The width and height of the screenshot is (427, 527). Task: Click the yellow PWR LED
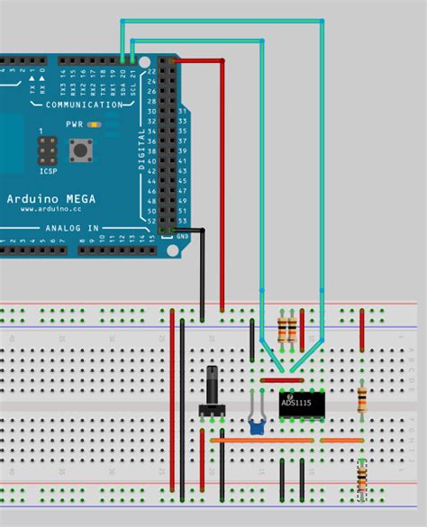(x=90, y=124)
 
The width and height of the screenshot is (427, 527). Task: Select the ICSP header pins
(x=45, y=147)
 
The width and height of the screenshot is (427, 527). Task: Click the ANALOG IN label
(x=71, y=228)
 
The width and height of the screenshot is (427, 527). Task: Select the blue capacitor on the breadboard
(x=256, y=425)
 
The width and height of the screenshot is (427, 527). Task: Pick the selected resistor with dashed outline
(x=362, y=478)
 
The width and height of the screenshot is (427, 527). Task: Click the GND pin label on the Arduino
(x=184, y=235)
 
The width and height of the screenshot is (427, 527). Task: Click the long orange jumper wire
(x=262, y=441)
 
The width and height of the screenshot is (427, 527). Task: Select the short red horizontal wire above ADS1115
(x=281, y=380)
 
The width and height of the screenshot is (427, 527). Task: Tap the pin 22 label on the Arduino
(x=150, y=71)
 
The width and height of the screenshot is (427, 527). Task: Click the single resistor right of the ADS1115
(x=362, y=397)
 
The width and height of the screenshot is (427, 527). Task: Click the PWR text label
(x=73, y=124)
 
